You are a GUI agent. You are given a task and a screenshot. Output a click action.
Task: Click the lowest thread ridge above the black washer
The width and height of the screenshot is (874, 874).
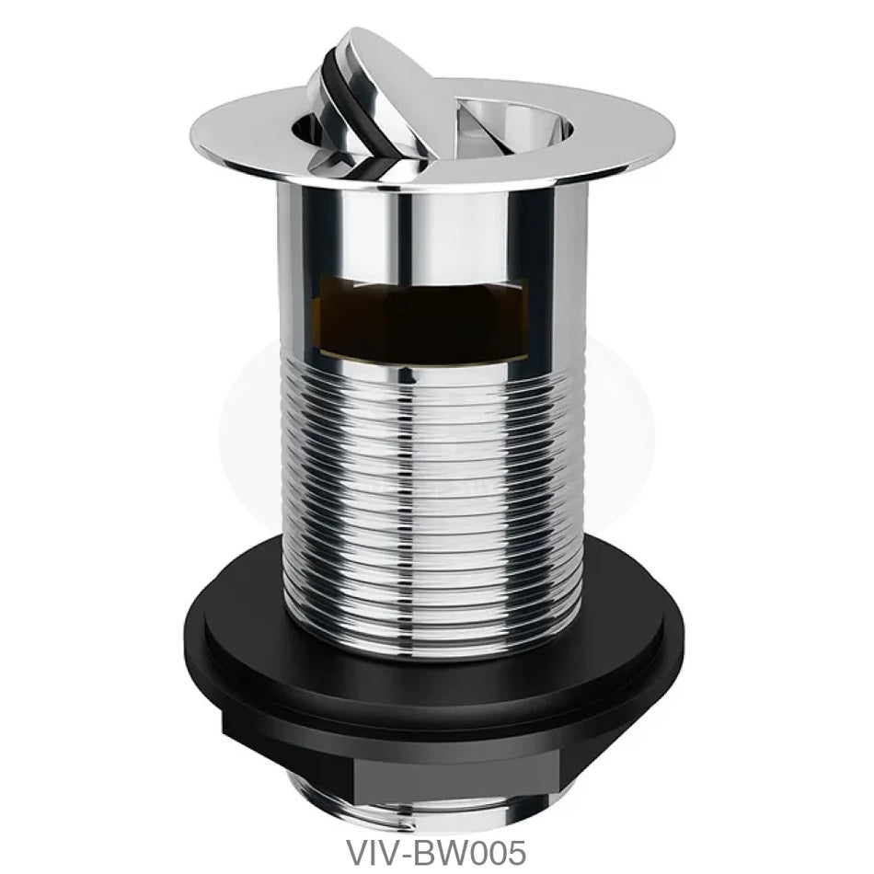(432, 640)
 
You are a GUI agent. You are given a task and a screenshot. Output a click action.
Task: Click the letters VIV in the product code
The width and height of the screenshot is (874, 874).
(368, 845)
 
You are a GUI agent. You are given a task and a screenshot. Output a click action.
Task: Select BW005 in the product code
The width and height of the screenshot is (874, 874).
(466, 845)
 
